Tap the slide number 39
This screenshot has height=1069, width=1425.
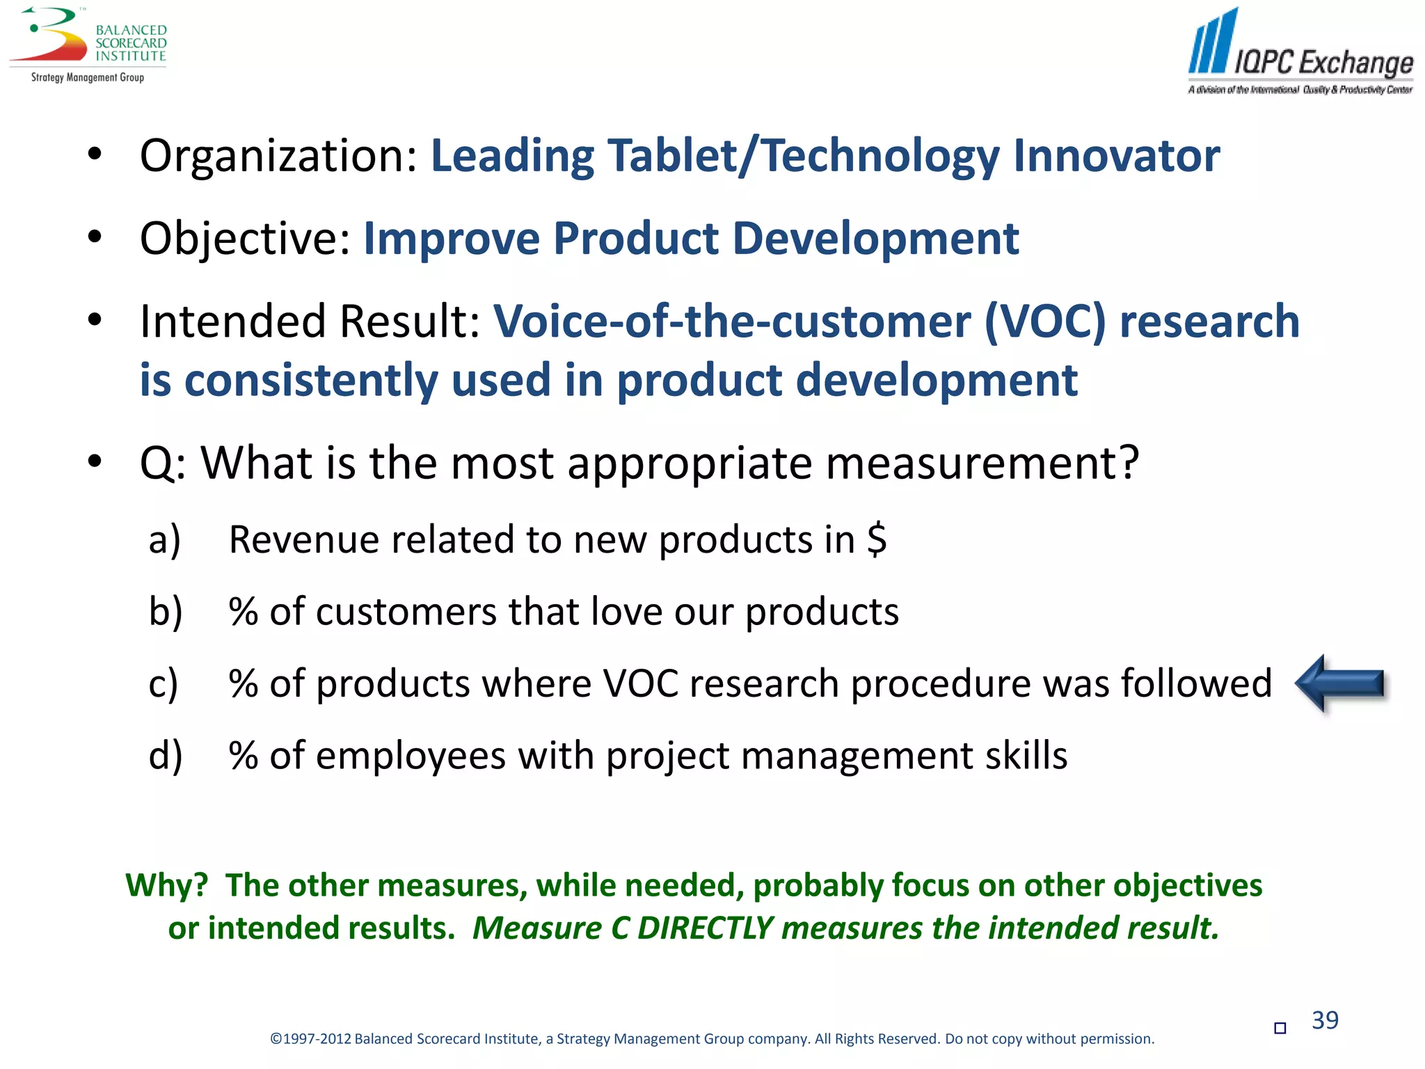pos(1325,1020)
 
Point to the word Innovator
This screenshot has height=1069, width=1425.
pos(1116,156)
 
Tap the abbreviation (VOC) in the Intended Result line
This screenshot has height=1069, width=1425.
pos(1044,322)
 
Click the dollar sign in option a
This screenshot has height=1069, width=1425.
pos(877,539)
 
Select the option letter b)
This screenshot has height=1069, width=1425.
pos(166,612)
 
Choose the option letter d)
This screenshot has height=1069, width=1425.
pos(166,756)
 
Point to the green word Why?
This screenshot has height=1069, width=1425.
pos(167,885)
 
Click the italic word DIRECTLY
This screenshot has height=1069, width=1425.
pos(705,928)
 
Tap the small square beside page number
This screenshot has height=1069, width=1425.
pos(1280,1028)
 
